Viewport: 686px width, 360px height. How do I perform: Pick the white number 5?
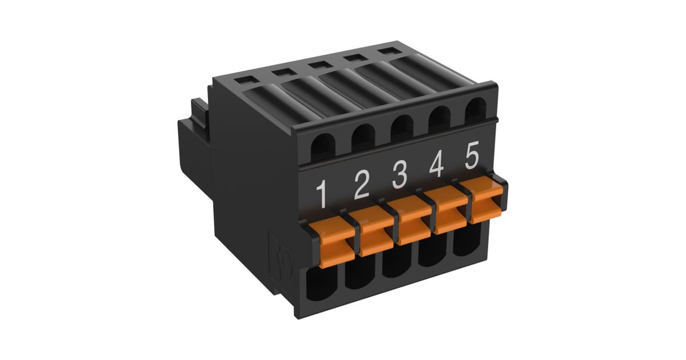(472, 155)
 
